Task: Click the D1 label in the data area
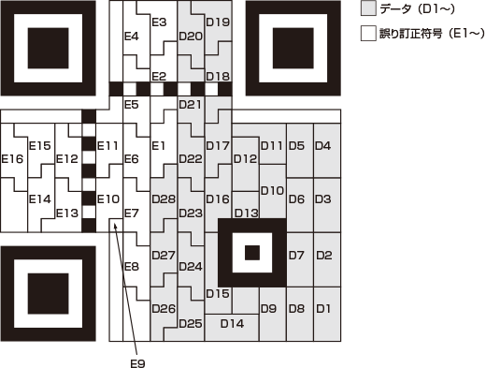click(323, 307)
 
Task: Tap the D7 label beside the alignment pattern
click(296, 254)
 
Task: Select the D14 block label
click(231, 324)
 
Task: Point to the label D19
click(218, 22)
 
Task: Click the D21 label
click(190, 104)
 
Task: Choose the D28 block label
click(164, 199)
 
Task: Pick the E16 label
click(12, 158)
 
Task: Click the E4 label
click(131, 37)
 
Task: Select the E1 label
click(158, 145)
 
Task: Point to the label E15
click(39, 145)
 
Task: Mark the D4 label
click(323, 145)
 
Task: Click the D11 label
click(272, 145)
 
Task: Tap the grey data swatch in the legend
click(368, 9)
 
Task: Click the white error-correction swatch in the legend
click(368, 34)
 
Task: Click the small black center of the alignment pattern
click(251, 253)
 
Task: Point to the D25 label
click(190, 324)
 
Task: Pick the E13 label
click(67, 213)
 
